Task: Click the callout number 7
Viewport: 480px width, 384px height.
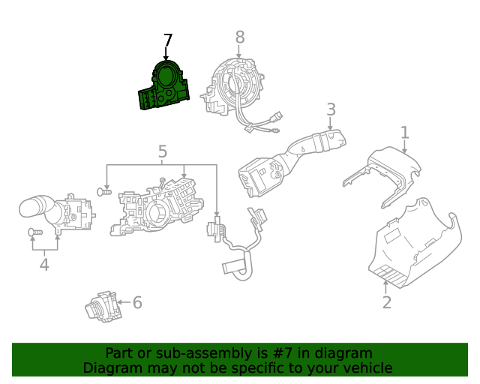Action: pos(168,40)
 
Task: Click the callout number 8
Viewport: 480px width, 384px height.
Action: pos(239,37)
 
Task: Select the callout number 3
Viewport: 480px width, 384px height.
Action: pos(331,110)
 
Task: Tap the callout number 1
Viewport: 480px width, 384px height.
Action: pos(404,133)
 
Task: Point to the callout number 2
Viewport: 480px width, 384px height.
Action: pos(386,302)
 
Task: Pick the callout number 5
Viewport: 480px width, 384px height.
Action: pos(163,153)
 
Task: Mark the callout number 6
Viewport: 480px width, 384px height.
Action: pos(137,302)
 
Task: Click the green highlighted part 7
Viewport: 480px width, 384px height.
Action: pos(164,88)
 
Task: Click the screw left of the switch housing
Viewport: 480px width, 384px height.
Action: pos(105,193)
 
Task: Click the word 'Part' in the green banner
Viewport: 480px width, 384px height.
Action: pos(120,353)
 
